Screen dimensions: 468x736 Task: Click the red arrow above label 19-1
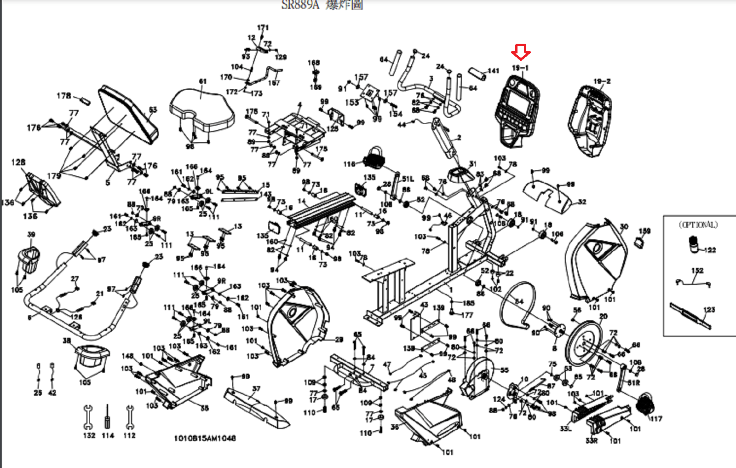click(521, 52)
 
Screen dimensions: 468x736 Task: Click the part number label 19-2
click(602, 81)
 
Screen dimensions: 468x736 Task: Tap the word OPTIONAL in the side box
click(698, 225)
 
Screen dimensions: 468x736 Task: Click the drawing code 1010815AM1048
click(205, 438)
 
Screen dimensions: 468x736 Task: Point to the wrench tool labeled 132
click(88, 416)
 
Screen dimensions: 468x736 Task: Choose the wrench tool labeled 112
click(130, 416)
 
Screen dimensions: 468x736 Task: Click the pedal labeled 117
click(645, 404)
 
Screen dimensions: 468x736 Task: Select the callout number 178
click(63, 96)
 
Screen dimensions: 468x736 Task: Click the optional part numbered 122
click(693, 244)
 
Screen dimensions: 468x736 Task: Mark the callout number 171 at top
click(263, 28)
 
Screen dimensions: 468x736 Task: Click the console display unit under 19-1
click(517, 110)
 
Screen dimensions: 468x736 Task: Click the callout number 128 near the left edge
click(18, 162)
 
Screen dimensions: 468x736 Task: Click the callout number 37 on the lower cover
click(256, 389)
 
